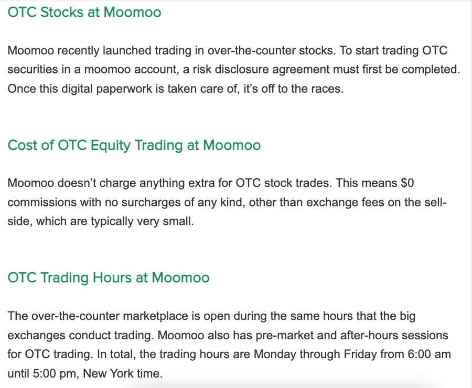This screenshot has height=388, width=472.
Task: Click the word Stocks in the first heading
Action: (x=62, y=13)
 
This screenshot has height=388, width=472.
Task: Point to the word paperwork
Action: (x=124, y=89)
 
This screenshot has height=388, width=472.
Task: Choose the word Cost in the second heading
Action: (x=23, y=145)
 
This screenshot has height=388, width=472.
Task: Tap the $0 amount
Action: (x=407, y=183)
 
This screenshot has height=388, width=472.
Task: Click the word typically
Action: (x=112, y=221)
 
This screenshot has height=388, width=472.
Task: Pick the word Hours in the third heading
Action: (x=112, y=278)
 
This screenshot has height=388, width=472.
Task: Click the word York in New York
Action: (x=121, y=374)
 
